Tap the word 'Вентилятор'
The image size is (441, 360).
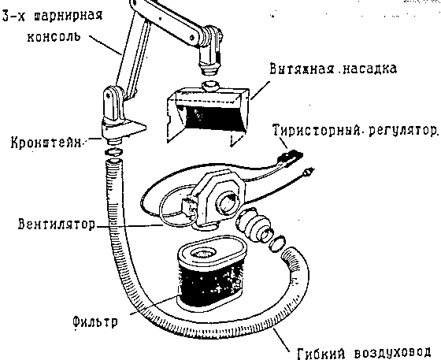click(57, 225)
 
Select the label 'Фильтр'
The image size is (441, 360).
click(94, 321)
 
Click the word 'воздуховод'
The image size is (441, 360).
click(392, 352)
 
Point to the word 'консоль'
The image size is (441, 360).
click(54, 36)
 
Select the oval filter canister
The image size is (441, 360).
click(211, 274)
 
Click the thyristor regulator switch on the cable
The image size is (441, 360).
click(289, 158)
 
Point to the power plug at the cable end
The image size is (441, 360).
click(308, 172)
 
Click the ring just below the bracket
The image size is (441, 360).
click(113, 152)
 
